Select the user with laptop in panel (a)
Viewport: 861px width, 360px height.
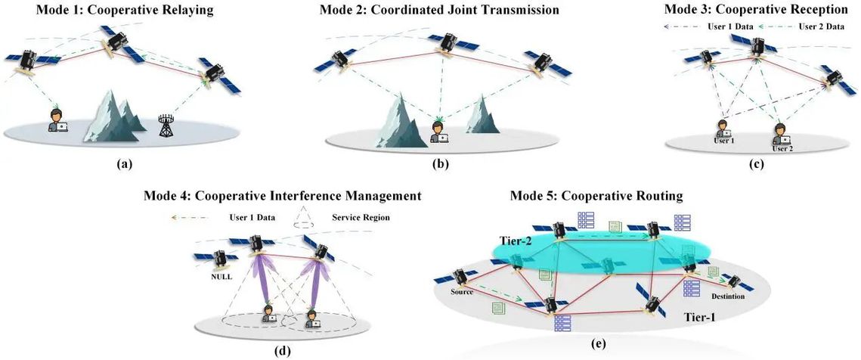click(57, 120)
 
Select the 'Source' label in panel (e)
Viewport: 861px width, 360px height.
click(463, 292)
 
